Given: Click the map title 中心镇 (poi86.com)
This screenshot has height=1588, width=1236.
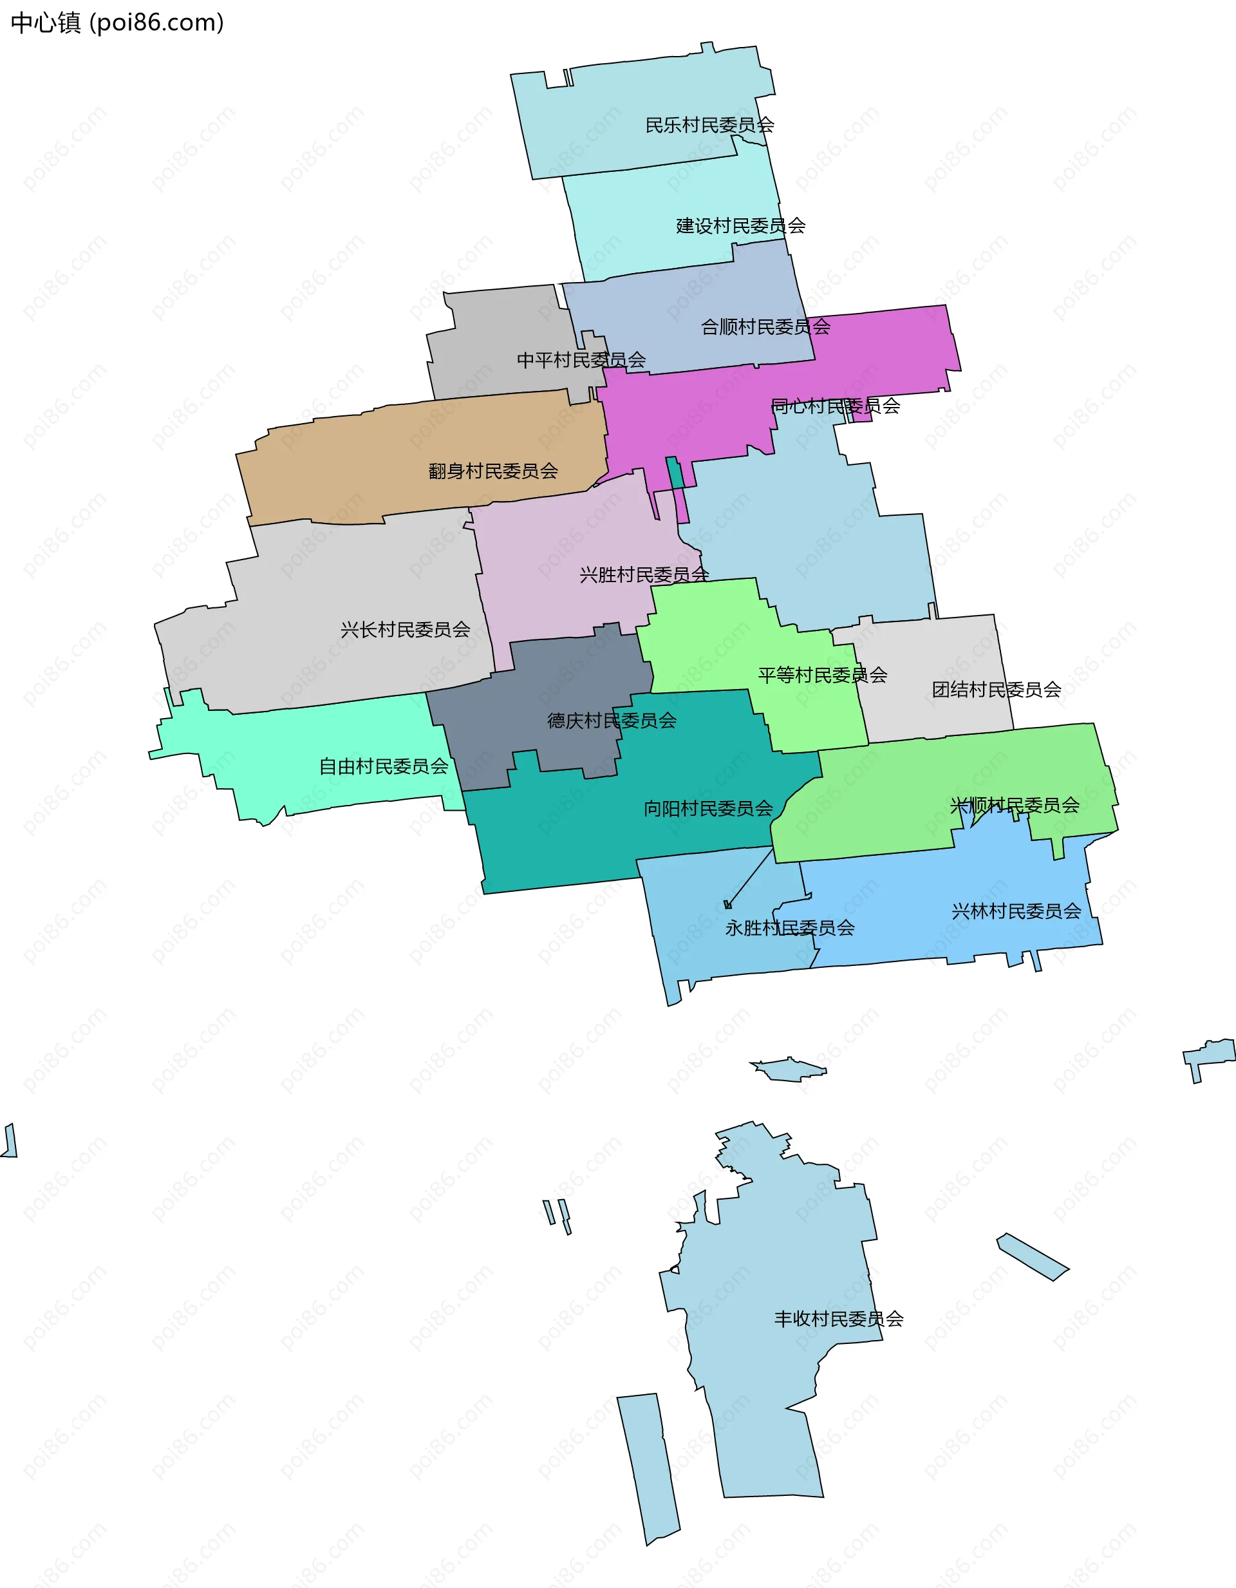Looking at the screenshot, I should [117, 23].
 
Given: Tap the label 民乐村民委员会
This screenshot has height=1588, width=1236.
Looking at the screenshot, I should [709, 125].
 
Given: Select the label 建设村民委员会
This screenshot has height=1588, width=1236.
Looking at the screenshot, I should [741, 226].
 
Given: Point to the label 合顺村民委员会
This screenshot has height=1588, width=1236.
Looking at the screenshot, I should [765, 327].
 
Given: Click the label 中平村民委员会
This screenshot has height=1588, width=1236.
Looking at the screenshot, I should [581, 360].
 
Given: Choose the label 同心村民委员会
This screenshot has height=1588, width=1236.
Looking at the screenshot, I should [836, 406].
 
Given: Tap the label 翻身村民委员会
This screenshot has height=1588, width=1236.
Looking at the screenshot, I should [493, 471].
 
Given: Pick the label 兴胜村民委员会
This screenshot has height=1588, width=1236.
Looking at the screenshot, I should [644, 575].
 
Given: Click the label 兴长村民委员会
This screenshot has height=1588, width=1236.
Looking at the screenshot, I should [406, 630].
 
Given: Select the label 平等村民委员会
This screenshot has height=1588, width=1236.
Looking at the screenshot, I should [822, 676].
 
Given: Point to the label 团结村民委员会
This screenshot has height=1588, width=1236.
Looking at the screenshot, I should [996, 689].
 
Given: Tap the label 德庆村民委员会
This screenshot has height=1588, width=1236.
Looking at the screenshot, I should [612, 721].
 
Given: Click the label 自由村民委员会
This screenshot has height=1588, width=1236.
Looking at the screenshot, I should [384, 766].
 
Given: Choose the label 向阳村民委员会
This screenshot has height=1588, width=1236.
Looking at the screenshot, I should [708, 809].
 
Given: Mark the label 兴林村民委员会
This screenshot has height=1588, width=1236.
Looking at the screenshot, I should [1016, 911].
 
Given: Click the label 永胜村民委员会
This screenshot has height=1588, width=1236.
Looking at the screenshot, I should [790, 928].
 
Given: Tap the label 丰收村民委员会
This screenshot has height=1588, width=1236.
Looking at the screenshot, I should [838, 1319].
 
